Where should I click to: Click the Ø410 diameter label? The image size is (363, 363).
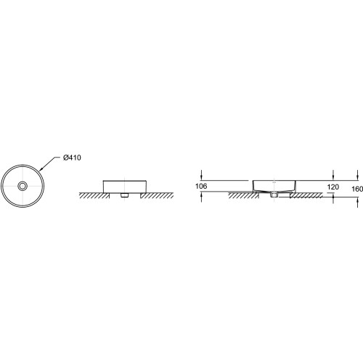(x=72, y=158)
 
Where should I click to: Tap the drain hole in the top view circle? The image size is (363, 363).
(x=23, y=186)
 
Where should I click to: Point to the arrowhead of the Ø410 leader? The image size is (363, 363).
(x=41, y=169)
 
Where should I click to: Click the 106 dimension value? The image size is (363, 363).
(x=201, y=186)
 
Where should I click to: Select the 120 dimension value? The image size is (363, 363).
(x=333, y=187)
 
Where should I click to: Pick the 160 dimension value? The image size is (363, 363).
(x=357, y=189)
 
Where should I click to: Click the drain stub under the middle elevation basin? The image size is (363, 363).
(x=124, y=195)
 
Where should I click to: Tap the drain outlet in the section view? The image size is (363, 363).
(x=274, y=195)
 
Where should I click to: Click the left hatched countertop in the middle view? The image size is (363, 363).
(x=94, y=195)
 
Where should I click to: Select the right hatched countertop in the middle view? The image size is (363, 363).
(x=157, y=195)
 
